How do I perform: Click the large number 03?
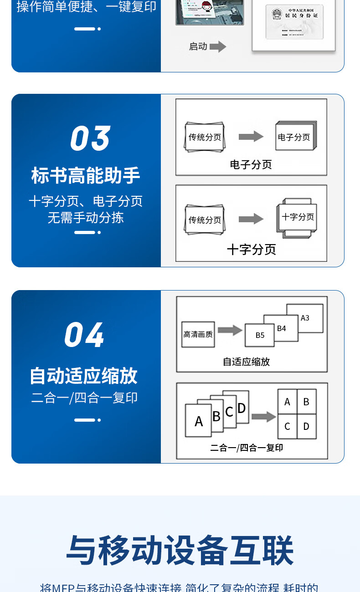point(90,138)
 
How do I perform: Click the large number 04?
point(84,335)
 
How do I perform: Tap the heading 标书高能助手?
point(86,175)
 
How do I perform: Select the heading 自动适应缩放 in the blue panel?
point(84,376)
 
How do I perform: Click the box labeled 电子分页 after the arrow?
point(295,137)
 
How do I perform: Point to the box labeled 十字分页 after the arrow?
point(298,217)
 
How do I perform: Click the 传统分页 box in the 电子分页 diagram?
point(205,137)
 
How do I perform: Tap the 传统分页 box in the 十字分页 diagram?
point(205,220)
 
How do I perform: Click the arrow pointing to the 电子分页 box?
point(251,136)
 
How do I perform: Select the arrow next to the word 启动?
point(218,46)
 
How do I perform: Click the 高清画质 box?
point(198,334)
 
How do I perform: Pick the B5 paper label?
point(260,335)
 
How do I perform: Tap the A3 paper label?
point(305,318)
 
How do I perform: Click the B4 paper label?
point(282,328)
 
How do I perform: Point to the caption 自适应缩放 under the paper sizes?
point(246,362)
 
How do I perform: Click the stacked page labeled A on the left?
point(198,421)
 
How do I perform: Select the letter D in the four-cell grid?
point(306,426)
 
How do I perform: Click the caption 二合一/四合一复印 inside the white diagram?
point(247,448)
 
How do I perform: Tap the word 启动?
point(198,46)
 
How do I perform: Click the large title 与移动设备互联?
point(180,551)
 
